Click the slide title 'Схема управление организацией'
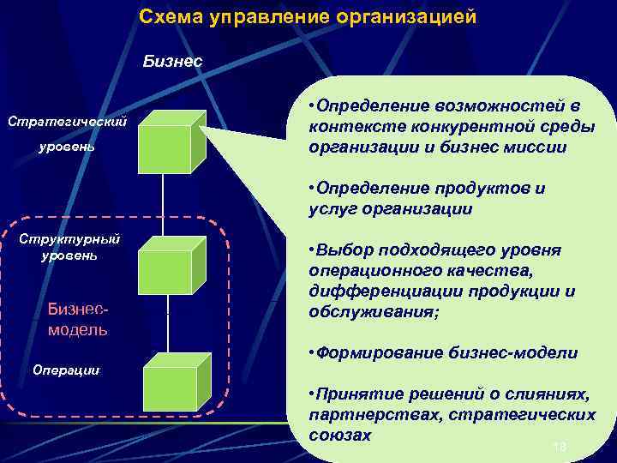click(x=308, y=17)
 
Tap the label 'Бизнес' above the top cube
click(x=173, y=61)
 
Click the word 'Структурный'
click(x=70, y=239)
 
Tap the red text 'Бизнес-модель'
click(x=78, y=319)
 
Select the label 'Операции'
click(x=66, y=370)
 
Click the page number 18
click(x=561, y=446)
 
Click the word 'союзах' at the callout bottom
click(x=340, y=435)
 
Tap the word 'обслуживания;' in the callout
click(x=374, y=312)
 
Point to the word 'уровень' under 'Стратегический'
click(x=66, y=147)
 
